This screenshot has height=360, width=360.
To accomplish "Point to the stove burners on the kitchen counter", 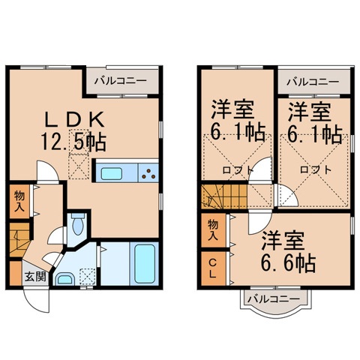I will [x=148, y=174].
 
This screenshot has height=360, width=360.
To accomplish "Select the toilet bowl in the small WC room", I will [x=78, y=224].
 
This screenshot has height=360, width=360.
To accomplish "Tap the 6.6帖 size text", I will [x=289, y=264].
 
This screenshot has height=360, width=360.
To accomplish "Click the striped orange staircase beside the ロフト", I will [x=217, y=199].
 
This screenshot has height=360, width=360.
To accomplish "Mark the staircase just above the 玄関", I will [x=19, y=241].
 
